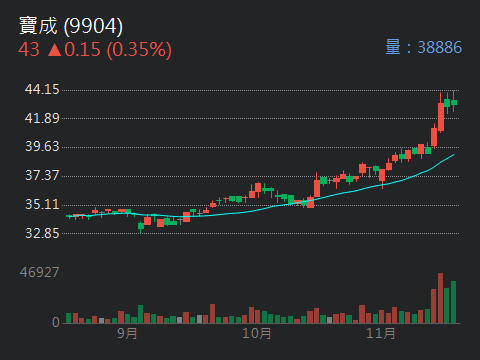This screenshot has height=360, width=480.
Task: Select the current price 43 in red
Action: coord(28,49)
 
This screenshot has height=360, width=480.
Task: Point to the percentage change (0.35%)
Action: coord(139,49)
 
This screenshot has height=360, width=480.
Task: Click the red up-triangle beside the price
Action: coord(53,49)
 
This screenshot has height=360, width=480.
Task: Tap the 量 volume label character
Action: coord(394,47)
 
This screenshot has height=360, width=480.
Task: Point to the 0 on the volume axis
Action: coord(56,323)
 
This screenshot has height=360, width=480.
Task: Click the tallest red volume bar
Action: coord(440,299)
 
